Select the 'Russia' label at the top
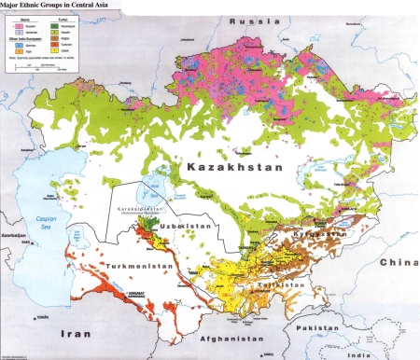click(251, 19)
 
